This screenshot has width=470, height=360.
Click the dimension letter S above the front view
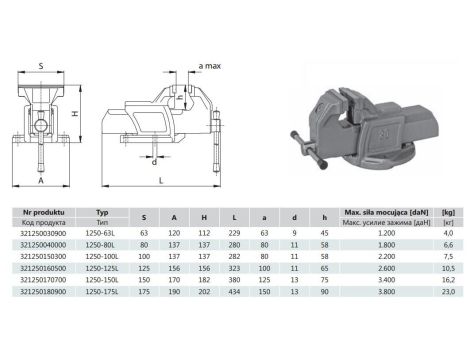pos(41,65)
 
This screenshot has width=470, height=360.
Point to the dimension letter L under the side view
pos(161,180)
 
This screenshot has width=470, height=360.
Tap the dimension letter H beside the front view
pos(77,116)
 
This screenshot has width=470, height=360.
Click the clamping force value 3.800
pos(381,293)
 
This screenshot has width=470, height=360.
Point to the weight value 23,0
pos(447,293)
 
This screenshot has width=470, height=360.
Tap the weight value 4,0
pos(448,233)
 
